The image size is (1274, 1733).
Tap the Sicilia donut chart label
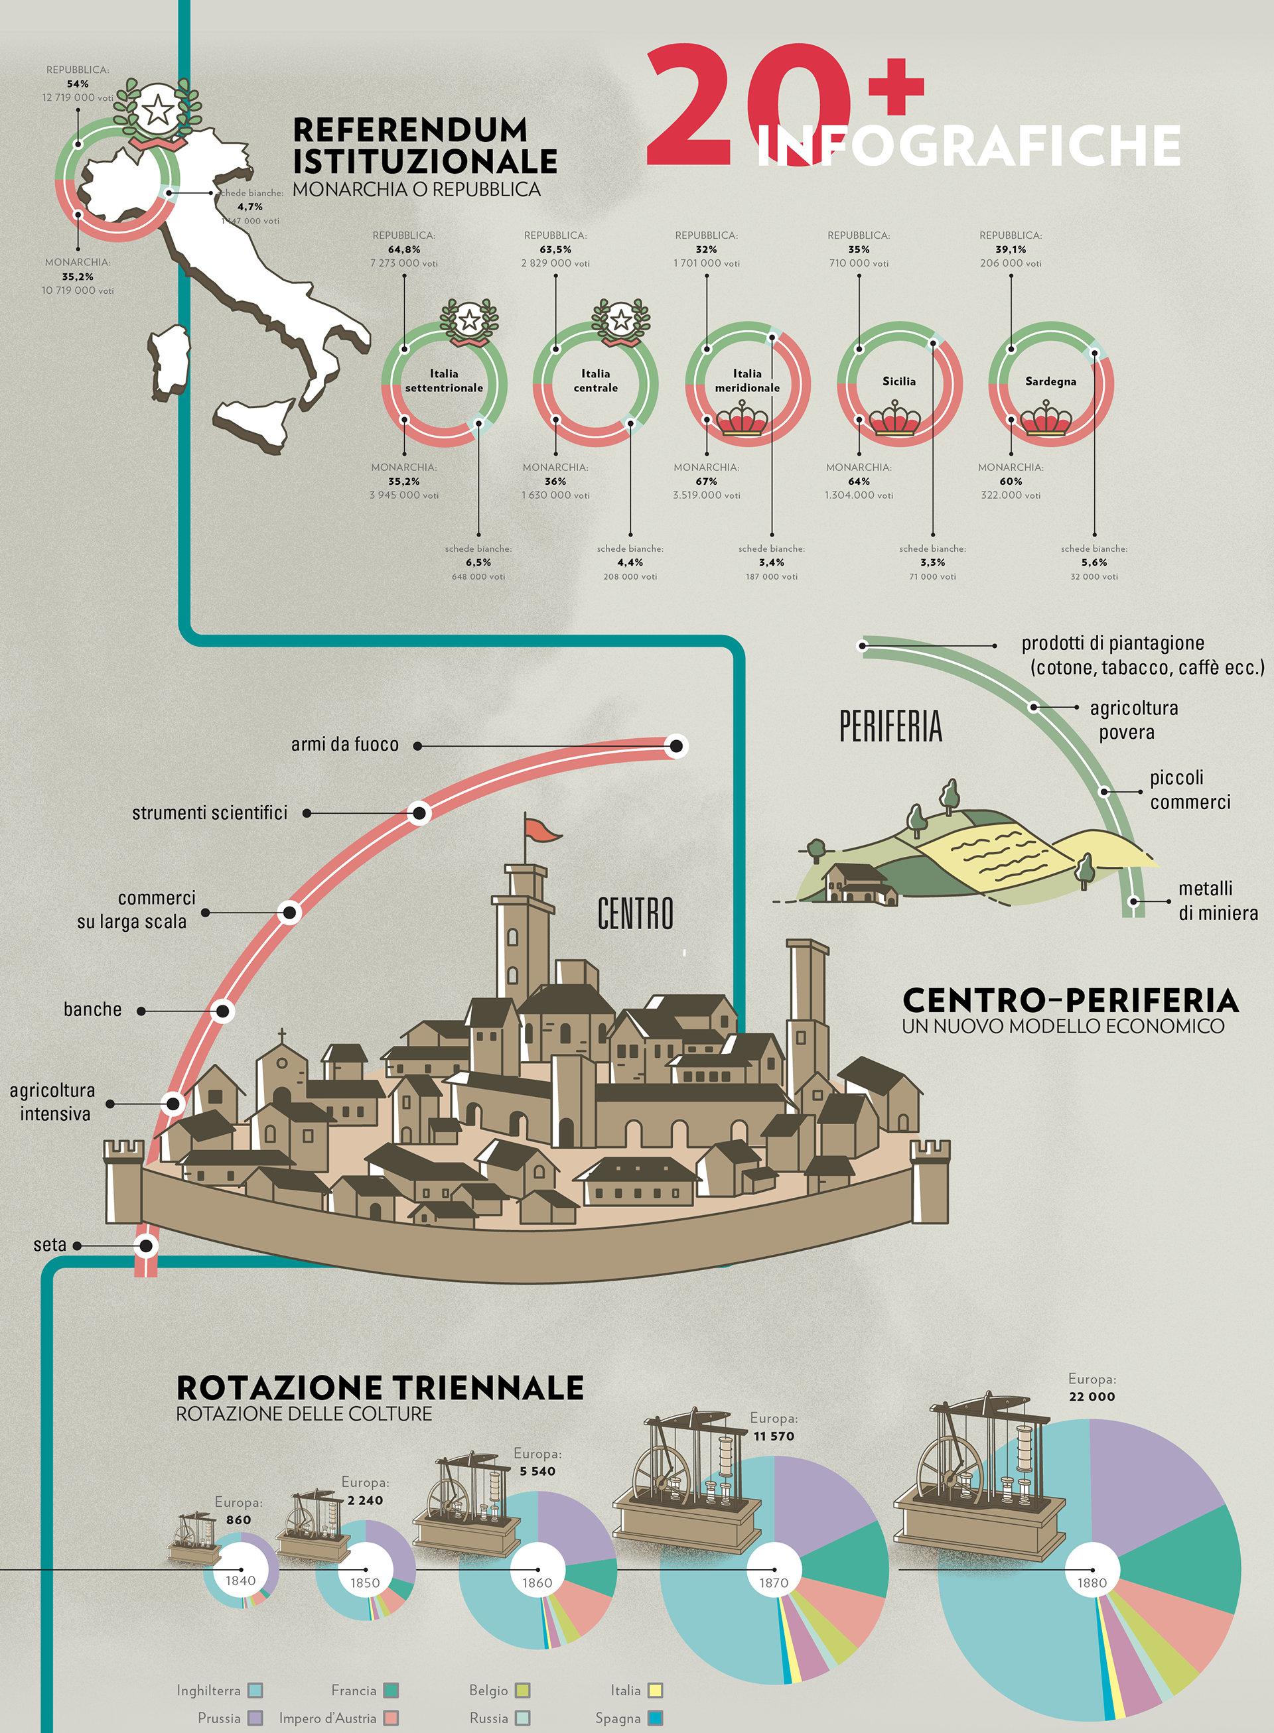pos(898,381)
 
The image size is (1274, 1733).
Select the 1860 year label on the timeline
pos(537,1582)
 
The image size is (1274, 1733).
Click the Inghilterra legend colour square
pos(255,1691)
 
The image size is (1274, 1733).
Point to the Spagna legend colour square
pos(656,1718)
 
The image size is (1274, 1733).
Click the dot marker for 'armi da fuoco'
pos(676,745)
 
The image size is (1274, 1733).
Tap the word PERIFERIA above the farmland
pos(890,727)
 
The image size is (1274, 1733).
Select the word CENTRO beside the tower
pos(636,915)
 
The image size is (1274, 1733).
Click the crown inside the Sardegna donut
pos(1046,419)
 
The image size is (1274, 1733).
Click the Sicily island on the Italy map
pos(255,422)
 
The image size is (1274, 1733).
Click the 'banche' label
pos(92,1009)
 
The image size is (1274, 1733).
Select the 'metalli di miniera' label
pos(1217,901)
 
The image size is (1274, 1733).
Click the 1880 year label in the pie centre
pos(1092,1582)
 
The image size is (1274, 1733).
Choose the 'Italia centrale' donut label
pos(595,381)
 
